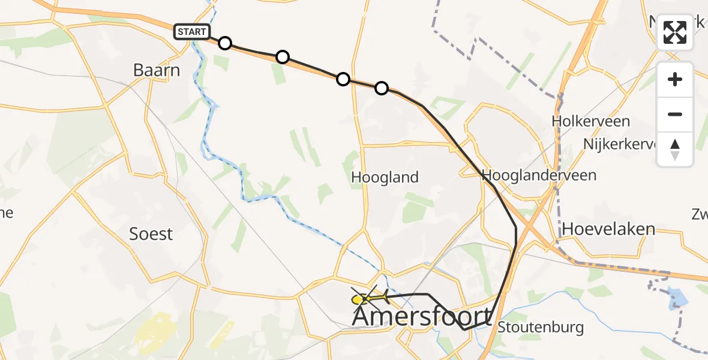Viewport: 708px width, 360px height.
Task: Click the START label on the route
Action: [x=192, y=31]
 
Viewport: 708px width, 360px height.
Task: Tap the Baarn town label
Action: [x=156, y=71]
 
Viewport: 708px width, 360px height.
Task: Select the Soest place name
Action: [x=151, y=234]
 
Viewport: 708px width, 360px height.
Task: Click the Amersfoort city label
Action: [x=421, y=316]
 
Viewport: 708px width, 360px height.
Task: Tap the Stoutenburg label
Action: [x=540, y=328]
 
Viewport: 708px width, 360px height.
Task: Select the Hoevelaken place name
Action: [x=608, y=229]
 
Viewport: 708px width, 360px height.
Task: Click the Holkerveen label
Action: [x=590, y=121]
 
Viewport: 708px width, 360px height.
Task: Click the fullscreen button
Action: [x=675, y=32]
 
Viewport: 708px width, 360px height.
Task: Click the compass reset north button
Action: [x=675, y=149]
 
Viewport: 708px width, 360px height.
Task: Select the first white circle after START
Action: [x=224, y=43]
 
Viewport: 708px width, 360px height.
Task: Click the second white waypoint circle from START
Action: [x=282, y=57]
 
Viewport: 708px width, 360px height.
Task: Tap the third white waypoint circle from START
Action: [x=343, y=79]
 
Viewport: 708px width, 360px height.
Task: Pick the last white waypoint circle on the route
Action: [x=381, y=88]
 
